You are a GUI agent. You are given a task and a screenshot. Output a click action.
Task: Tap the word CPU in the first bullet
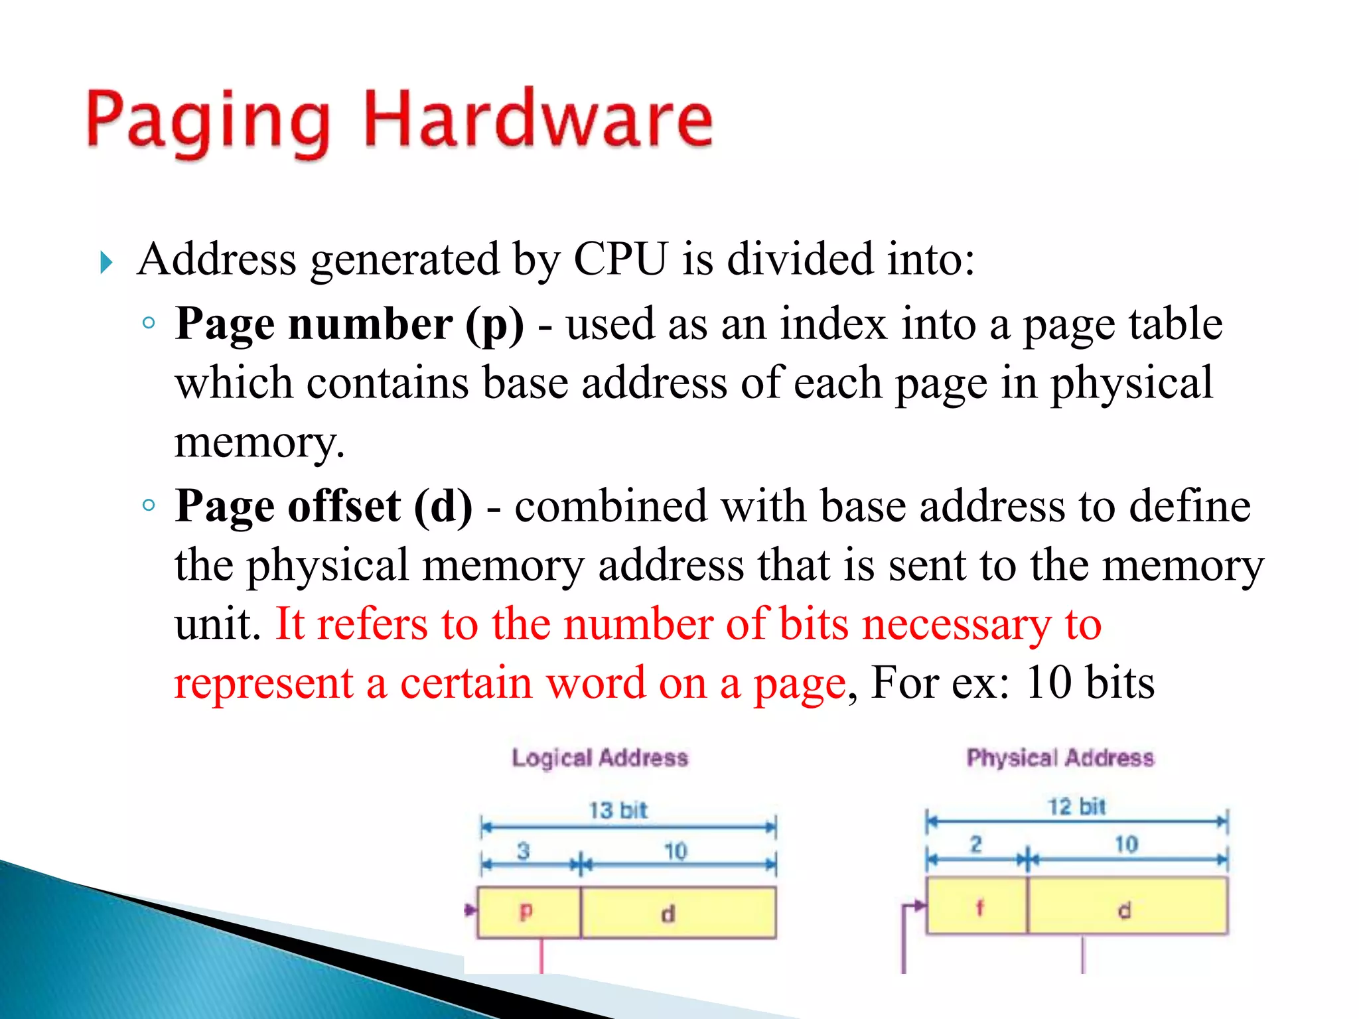pyautogui.click(x=620, y=259)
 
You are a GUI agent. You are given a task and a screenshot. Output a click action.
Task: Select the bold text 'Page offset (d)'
pyautogui.click(x=324, y=507)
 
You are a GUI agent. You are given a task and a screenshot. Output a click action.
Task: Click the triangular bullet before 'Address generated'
pyautogui.click(x=106, y=263)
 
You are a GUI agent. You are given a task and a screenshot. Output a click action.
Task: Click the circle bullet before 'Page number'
pyautogui.click(x=149, y=324)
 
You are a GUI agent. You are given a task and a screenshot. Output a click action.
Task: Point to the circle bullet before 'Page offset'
pyautogui.click(x=149, y=506)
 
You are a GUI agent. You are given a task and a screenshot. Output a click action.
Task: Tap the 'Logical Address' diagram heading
pyautogui.click(x=600, y=758)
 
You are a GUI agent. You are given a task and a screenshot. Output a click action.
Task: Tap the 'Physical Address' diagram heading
pyautogui.click(x=1060, y=758)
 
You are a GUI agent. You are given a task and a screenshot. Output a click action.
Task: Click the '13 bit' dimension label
pyautogui.click(x=618, y=810)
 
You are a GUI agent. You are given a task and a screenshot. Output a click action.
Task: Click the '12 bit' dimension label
pyautogui.click(x=1076, y=807)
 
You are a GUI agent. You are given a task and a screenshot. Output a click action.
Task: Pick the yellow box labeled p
pyautogui.click(x=528, y=912)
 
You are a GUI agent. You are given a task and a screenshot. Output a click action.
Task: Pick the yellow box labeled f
pyautogui.click(x=977, y=906)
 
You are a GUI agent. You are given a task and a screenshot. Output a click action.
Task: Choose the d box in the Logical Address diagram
pyautogui.click(x=678, y=913)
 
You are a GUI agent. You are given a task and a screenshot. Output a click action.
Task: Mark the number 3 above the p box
pyautogui.click(x=524, y=850)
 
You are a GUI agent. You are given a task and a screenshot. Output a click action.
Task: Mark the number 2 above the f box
pyautogui.click(x=975, y=845)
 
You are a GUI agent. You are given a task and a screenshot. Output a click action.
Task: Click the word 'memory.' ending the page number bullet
pyautogui.click(x=259, y=442)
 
